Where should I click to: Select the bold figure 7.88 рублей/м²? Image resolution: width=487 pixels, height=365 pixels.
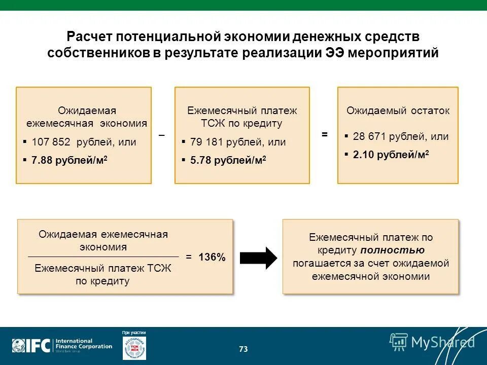click(69, 161)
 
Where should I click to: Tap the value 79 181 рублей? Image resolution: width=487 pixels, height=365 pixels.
click(223, 142)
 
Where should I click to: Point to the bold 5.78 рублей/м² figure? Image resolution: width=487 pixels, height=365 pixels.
click(228, 161)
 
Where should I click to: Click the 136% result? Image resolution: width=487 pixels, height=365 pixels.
click(212, 257)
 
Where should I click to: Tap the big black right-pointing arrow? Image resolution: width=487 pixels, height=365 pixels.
click(258, 258)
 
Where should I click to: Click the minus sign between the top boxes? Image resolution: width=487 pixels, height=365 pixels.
click(161, 135)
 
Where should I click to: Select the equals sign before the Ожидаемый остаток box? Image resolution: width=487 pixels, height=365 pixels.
click(325, 135)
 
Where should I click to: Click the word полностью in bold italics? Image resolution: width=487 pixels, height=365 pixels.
click(393, 250)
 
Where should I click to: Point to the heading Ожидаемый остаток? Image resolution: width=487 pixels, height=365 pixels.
click(398, 111)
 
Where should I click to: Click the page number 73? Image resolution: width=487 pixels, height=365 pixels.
click(243, 349)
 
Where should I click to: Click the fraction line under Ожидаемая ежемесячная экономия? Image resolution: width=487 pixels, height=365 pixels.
click(103, 257)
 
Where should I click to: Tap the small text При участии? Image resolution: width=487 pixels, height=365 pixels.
click(134, 333)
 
